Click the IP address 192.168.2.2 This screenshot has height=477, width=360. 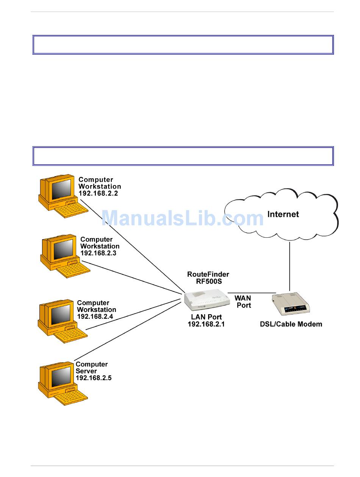pos(98,193)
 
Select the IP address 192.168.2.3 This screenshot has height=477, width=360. pos(98,253)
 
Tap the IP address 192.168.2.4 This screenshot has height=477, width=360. pos(95,316)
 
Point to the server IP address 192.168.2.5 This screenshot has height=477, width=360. pos(94,378)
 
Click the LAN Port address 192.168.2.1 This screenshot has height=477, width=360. pos(206,324)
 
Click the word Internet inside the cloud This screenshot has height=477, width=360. pos(283,214)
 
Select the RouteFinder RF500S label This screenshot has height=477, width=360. pos(208,278)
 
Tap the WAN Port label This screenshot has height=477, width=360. pos(243,301)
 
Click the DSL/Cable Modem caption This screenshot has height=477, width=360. pos(291,324)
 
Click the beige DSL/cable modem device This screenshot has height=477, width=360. pos(291,304)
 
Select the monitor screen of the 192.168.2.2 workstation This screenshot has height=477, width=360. pos(61,189)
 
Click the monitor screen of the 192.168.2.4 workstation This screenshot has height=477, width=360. pos(61,315)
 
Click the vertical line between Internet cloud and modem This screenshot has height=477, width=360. pos(290,267)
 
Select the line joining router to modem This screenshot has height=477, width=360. pos(252,293)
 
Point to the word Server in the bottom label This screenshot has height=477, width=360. pos(86,371)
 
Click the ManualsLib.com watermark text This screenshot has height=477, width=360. pos(183,218)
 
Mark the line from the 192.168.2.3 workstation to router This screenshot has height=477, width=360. pos(131,277)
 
